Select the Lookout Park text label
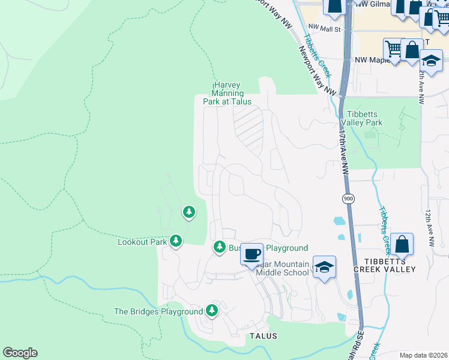[142, 242]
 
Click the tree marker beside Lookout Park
[176, 241]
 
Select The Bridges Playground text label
[158, 311]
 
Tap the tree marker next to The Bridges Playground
[211, 310]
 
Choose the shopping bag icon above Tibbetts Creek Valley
[402, 244]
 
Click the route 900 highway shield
[348, 199]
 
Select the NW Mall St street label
[324, 28]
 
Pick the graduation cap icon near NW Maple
[431, 60]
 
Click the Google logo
[20, 353]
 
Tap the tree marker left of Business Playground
[220, 247]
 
